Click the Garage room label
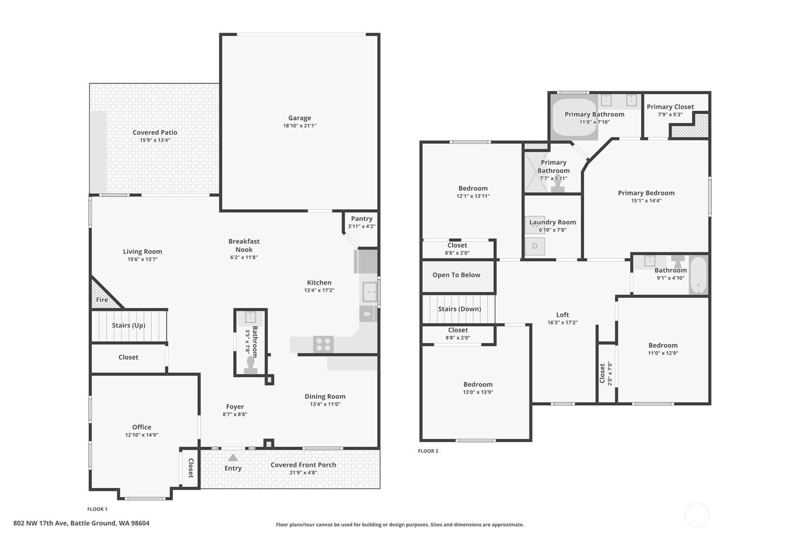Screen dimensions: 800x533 click(300, 118)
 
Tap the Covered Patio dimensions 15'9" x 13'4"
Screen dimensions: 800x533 click(155, 140)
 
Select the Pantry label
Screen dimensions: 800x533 click(362, 219)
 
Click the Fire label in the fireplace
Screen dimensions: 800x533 click(102, 300)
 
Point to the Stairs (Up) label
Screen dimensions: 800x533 click(129, 325)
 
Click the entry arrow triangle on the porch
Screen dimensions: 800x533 click(233, 458)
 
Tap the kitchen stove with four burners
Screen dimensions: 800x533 click(323, 344)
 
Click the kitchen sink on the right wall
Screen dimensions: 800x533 click(370, 292)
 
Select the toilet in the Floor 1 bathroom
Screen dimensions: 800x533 click(250, 365)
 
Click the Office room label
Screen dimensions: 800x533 click(142, 427)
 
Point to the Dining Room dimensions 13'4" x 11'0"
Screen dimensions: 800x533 click(325, 404)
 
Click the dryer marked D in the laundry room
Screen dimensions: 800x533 click(535, 246)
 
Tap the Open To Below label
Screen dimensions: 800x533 click(456, 275)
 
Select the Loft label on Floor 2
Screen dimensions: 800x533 click(562, 314)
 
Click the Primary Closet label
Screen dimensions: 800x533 click(670, 107)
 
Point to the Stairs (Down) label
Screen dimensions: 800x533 click(460, 309)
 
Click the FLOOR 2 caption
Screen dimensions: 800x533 click(428, 451)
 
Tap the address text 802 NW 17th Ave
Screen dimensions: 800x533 click(41, 523)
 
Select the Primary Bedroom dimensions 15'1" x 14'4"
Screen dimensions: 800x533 click(646, 201)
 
